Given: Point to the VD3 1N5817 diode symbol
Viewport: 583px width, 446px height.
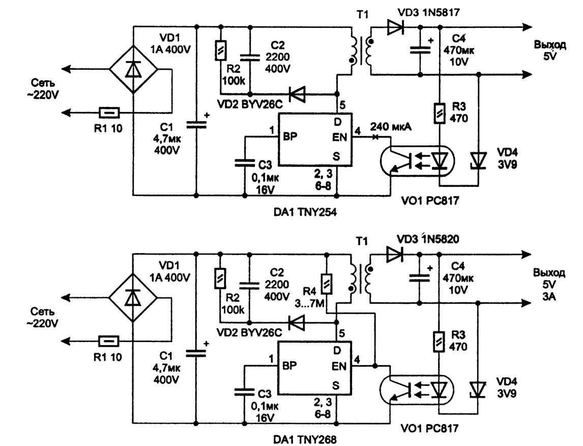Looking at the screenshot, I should click(394, 28).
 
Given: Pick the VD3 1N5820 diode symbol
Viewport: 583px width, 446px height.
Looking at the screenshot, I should click(394, 254).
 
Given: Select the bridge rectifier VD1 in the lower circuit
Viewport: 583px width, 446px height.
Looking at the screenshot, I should click(133, 297).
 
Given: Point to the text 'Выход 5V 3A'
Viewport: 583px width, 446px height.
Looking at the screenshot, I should click(548, 285).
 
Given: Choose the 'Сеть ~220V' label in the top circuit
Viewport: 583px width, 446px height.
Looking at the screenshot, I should click(44, 89).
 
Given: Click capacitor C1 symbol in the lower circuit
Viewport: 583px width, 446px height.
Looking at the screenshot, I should click(196, 352).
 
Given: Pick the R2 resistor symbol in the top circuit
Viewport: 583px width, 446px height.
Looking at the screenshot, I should click(220, 49).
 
